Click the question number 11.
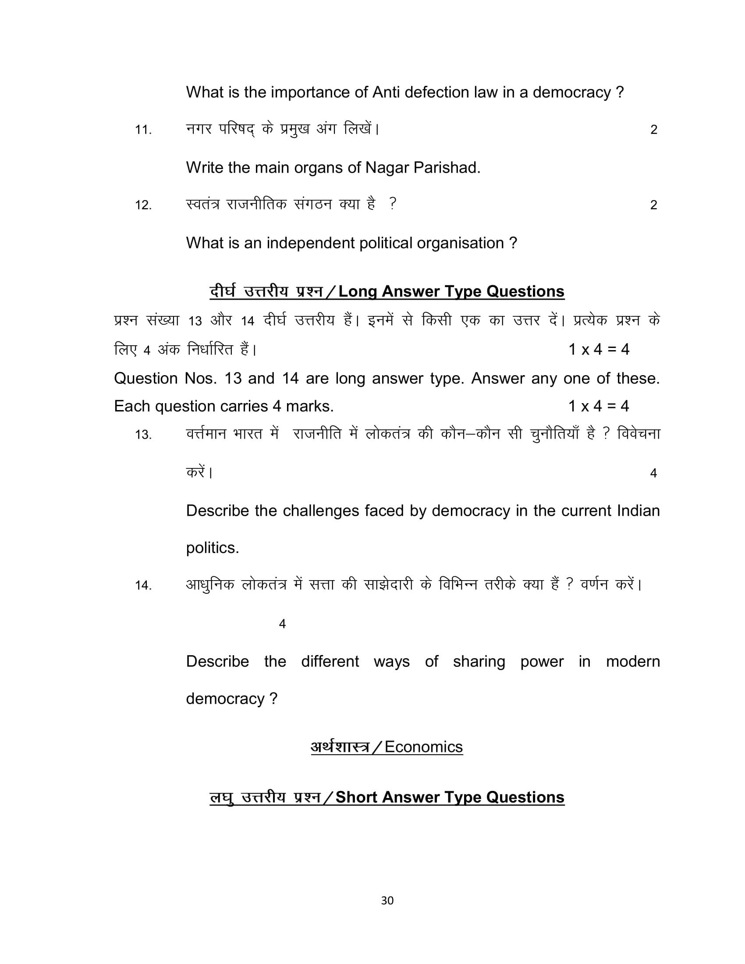click(143, 130)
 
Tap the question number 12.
click(143, 205)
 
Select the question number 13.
click(143, 435)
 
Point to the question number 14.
click(143, 585)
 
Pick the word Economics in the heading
click(423, 747)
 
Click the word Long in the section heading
click(358, 291)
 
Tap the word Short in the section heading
click(357, 797)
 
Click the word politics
click(212, 548)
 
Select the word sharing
click(479, 661)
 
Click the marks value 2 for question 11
click(654, 130)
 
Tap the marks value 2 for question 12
click(654, 205)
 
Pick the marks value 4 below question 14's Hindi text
click(283, 624)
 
